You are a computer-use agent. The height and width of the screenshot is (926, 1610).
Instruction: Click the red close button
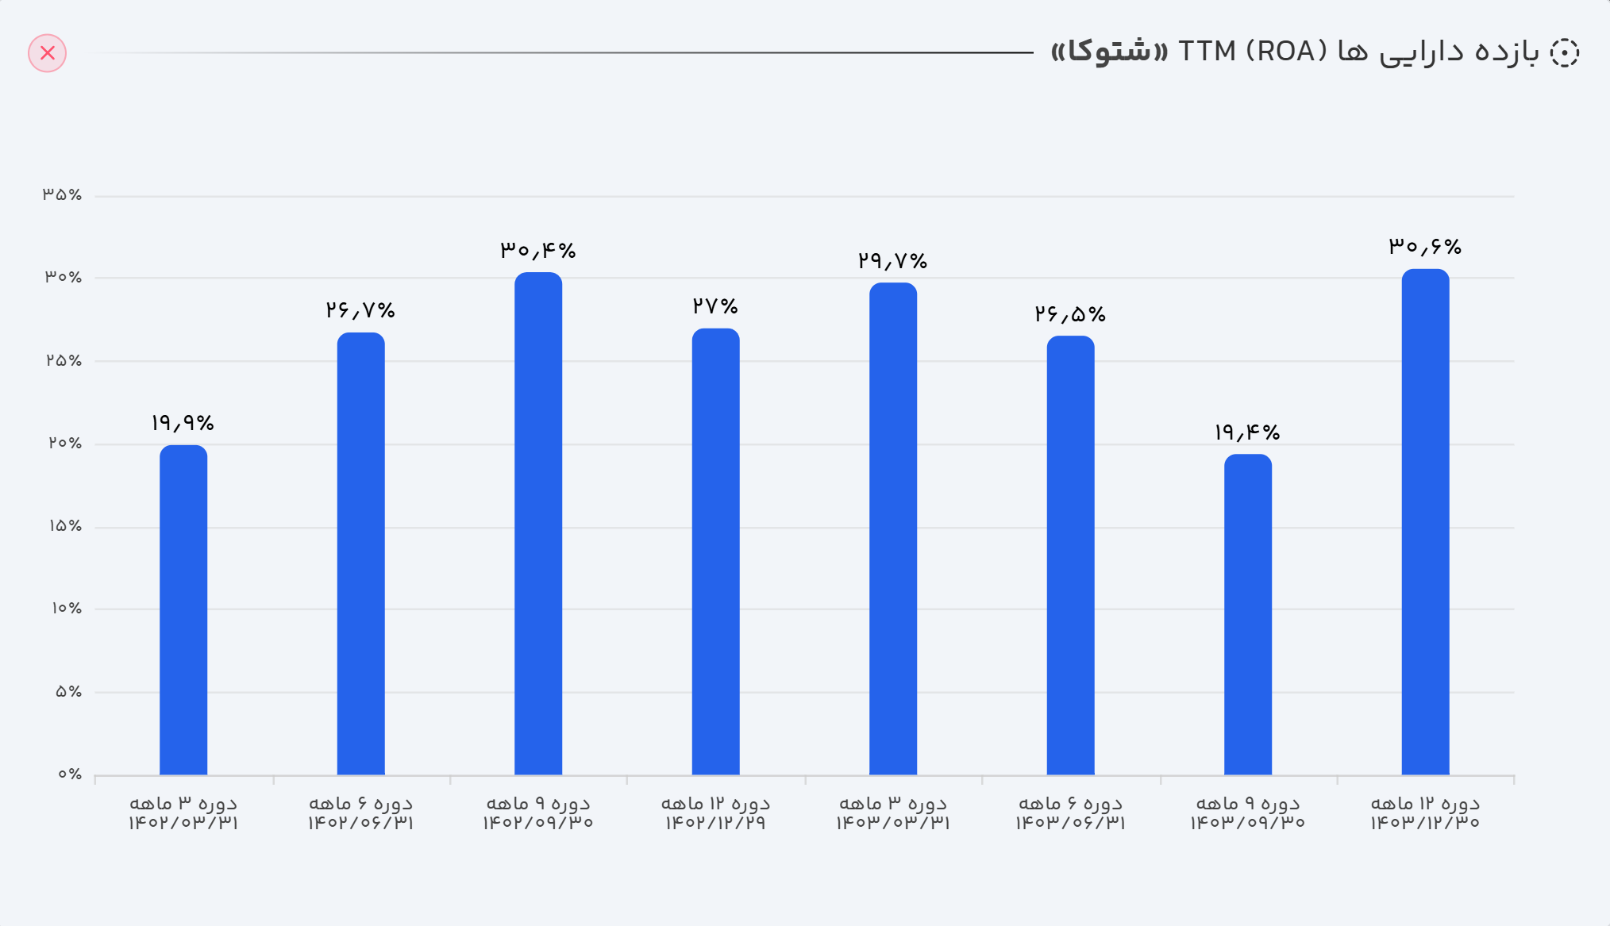[x=48, y=53]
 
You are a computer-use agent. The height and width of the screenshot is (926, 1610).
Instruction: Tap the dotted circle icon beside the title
[x=1564, y=53]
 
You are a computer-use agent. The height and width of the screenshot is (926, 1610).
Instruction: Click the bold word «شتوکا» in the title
[x=1109, y=52]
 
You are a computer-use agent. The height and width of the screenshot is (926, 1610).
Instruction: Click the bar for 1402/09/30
[x=538, y=524]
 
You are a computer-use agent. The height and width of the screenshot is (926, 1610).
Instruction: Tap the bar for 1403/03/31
[x=893, y=528]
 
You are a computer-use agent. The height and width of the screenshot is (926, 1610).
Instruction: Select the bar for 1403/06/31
[x=1070, y=555]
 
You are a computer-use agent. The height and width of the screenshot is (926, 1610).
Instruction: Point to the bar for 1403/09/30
[x=1248, y=614]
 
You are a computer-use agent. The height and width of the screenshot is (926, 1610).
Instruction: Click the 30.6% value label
[x=1425, y=247]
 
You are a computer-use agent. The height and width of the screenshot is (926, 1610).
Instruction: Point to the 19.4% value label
[x=1247, y=432]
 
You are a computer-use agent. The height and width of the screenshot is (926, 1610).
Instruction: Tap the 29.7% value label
[x=892, y=261]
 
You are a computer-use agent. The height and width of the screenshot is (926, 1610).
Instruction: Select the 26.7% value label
[x=360, y=310]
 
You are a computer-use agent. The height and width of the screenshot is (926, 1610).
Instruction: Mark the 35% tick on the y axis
[x=63, y=194]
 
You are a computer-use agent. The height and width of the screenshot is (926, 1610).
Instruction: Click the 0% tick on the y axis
[x=69, y=774]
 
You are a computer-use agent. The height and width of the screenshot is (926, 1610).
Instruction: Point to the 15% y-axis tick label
[x=65, y=526]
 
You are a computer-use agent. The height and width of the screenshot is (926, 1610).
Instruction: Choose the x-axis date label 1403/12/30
[x=1425, y=822]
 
